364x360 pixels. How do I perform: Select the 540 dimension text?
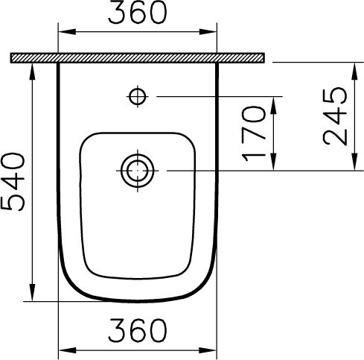pos(16,181)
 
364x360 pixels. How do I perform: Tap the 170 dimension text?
pos(253,134)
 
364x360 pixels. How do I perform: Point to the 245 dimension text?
pos(335,116)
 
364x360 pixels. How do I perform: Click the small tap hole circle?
pos(137,95)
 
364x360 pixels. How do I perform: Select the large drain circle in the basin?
pos(137,171)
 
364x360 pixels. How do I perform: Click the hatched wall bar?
pos(138,57)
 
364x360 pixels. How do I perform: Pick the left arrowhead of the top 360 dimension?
pos(64,31)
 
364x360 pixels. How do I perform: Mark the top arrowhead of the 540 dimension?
pos(34,69)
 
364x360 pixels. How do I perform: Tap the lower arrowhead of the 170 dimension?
pos(276,165)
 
